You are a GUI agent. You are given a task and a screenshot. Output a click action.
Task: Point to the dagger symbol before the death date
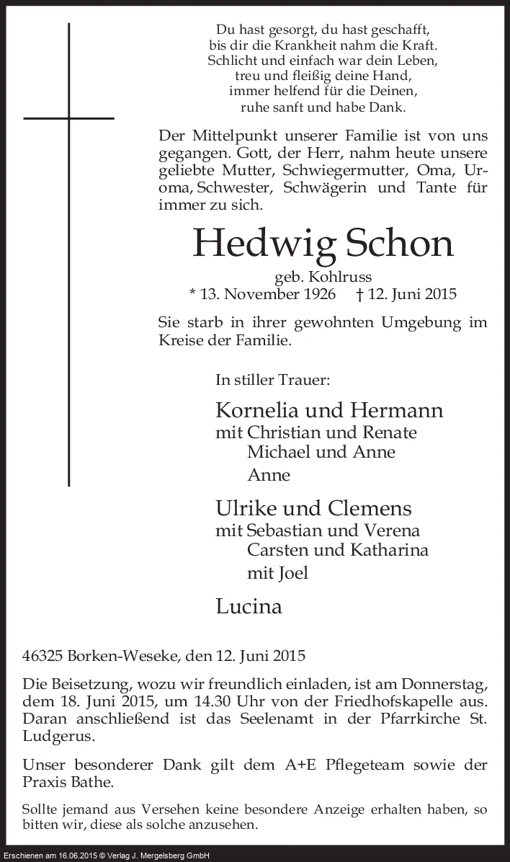click(360, 294)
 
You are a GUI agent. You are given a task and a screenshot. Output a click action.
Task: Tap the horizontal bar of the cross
click(69, 117)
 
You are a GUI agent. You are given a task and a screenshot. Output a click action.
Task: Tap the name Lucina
click(249, 606)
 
